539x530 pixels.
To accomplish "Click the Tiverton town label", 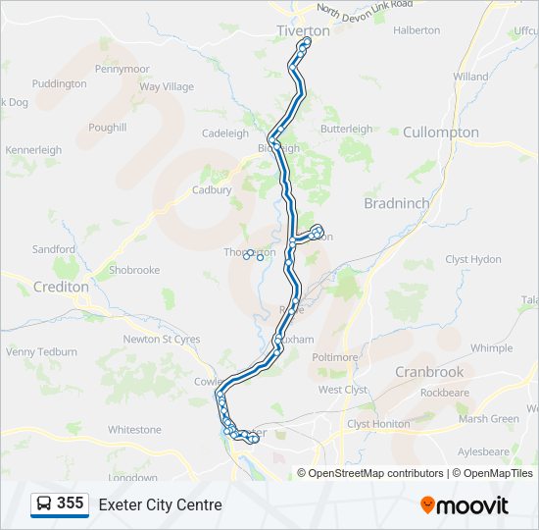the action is click(303, 30).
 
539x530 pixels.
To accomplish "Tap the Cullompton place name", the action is click(441, 132).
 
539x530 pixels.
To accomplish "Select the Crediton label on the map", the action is click(61, 288).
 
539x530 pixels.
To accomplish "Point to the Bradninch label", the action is click(396, 203).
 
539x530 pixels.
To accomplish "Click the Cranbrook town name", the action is click(429, 372).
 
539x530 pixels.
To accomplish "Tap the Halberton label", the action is click(416, 30).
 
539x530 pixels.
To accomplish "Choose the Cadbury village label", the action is click(212, 190).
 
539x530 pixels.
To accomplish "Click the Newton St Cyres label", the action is click(162, 340).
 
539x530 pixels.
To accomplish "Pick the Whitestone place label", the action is click(134, 430).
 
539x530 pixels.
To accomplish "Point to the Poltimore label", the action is click(335, 357).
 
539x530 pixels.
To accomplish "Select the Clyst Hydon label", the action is click(473, 259).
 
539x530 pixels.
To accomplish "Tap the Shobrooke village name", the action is click(134, 270).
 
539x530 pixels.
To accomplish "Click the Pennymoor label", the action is click(122, 69).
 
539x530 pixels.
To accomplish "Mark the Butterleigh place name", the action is click(346, 129).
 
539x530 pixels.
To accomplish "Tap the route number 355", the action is click(70, 503).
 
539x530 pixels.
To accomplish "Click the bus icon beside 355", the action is click(44, 504).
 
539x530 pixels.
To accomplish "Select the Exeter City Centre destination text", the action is click(160, 504).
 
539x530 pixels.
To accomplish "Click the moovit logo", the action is click(465, 504).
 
